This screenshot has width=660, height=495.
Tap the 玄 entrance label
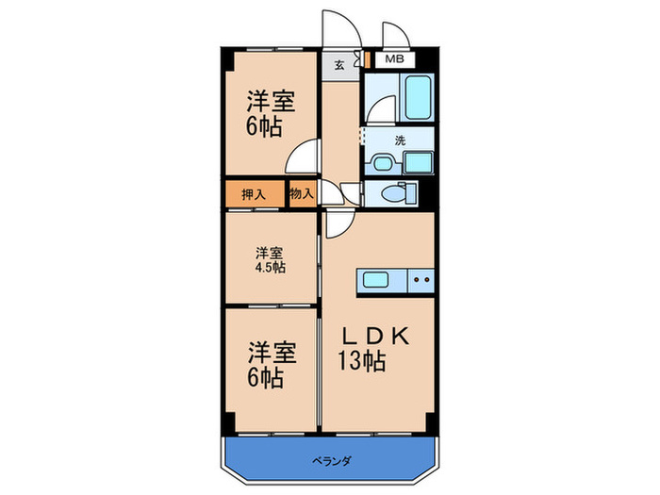(338, 65)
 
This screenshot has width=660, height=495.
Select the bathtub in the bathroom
(416, 97)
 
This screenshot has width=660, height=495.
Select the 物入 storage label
(302, 194)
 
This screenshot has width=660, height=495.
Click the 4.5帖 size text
(271, 267)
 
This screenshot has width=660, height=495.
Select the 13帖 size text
(362, 361)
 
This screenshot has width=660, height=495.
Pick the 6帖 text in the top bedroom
(265, 126)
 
